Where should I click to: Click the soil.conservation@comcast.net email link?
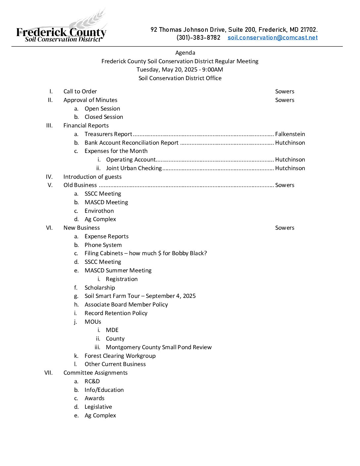[272, 38]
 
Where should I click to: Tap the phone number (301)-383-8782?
[198, 38]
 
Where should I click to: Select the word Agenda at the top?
[185, 53]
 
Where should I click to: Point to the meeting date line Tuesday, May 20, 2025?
[180, 70]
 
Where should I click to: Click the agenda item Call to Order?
[80, 91]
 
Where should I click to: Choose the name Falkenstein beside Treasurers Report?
[290, 134]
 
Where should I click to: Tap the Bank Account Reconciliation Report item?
[131, 143]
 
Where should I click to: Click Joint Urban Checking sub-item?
[134, 168]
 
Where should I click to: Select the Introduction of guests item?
[92, 177]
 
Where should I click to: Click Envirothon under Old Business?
[99, 211]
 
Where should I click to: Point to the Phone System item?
[103, 245]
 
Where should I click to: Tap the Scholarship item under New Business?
[100, 288]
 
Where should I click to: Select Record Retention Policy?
[116, 313]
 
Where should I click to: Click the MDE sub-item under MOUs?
[112, 330]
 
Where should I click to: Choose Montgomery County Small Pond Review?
[158, 347]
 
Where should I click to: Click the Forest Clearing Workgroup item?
[120, 356]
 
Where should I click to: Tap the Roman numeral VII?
[49, 373]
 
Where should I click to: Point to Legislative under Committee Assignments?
[98, 407]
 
